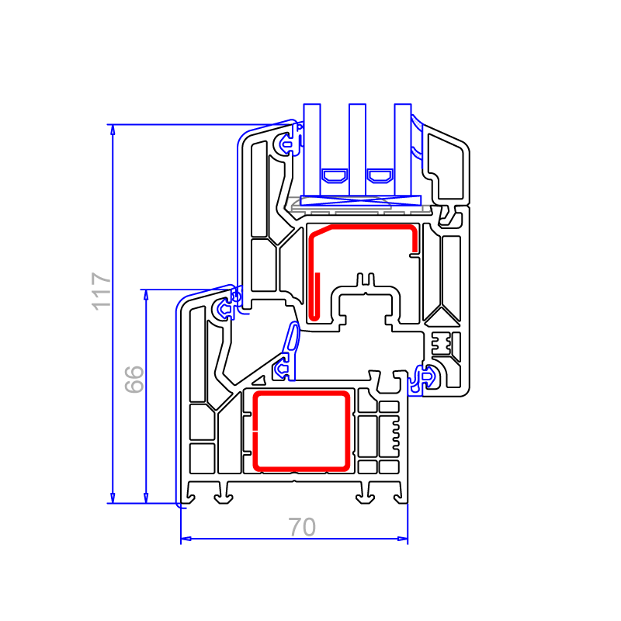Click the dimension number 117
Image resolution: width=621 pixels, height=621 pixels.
click(101, 291)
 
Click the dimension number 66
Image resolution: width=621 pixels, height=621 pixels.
click(134, 379)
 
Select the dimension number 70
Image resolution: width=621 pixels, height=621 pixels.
click(302, 527)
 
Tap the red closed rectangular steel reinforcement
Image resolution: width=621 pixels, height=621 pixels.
click(256, 432)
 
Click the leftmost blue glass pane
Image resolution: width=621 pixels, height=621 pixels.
click(312, 150)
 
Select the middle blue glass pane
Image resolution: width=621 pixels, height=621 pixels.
click(357, 150)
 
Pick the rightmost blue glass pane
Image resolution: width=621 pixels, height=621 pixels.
click(403, 150)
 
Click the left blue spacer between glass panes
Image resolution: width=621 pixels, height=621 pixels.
click(335, 176)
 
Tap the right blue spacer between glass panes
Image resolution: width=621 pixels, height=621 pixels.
click(380, 176)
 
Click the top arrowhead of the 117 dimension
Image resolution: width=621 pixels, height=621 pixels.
click(113, 130)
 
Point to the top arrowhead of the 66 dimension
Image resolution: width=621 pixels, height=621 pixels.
click(146, 295)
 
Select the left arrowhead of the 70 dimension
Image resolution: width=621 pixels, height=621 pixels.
click(186, 539)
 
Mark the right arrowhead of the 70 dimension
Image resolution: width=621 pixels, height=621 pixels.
click(402, 539)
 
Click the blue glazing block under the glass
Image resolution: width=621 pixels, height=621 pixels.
click(360, 200)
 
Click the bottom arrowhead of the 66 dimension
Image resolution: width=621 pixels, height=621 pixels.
click(146, 498)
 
